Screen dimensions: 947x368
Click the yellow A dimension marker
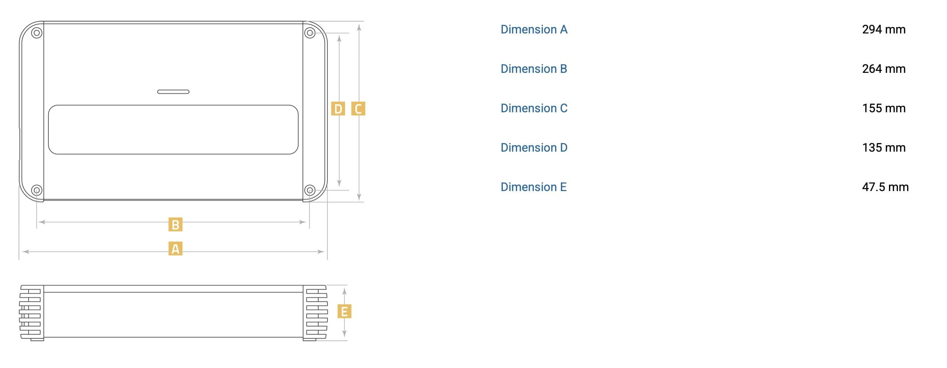175,249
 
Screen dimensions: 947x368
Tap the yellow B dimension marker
175,225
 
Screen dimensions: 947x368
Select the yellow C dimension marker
358,109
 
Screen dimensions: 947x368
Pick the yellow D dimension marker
338,109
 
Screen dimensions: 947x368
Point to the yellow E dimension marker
344,311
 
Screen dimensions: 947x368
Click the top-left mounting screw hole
36,33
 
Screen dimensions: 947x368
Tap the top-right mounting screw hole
310,33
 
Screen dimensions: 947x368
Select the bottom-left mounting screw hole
36,190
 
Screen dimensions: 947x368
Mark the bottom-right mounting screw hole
310,190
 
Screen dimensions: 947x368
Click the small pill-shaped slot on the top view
173,92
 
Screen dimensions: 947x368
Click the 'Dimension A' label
534,29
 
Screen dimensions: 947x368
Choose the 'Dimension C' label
534,108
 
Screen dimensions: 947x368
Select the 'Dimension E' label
534,187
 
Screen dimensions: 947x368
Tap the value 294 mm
884,29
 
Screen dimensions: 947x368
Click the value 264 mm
884,69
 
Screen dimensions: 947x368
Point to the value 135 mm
884,148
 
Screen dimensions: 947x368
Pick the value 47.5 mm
885,187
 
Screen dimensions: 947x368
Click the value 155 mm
884,108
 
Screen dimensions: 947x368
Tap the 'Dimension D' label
534,148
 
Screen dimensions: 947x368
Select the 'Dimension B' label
534,69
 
